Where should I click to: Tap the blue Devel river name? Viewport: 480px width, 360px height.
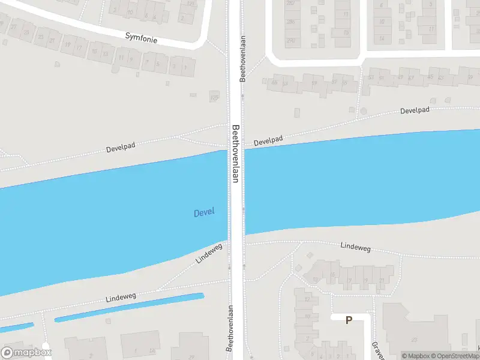point(203,212)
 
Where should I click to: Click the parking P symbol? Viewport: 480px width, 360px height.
point(349,320)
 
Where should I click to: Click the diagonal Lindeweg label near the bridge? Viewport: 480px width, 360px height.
point(209,253)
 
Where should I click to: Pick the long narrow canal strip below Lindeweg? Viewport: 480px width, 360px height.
point(129,307)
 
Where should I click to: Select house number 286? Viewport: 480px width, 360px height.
point(292,22)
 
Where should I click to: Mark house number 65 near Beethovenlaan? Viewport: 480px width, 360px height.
point(274,82)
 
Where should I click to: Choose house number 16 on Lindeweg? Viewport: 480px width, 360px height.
point(333,274)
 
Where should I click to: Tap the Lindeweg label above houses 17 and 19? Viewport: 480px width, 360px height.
point(356,246)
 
